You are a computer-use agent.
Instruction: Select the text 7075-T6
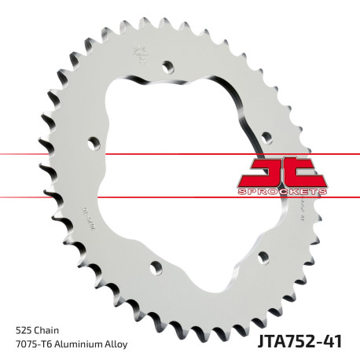pyautogui.click(x=32, y=343)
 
